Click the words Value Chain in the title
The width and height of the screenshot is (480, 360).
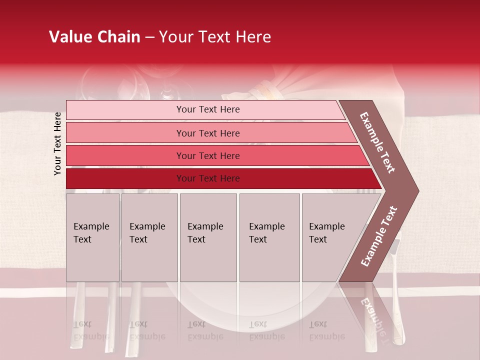[x=94, y=37]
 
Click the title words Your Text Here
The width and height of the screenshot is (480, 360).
[x=215, y=37]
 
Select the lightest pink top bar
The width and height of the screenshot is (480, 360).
[x=125, y=110]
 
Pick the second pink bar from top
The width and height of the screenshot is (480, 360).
[x=125, y=133]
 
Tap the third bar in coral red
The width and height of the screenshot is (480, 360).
[x=125, y=155]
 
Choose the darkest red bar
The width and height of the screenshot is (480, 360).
[x=125, y=178]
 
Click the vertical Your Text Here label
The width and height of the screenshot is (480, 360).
[x=58, y=143]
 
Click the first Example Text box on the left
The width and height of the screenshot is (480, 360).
[x=92, y=237]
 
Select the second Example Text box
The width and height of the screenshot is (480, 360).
[x=149, y=237]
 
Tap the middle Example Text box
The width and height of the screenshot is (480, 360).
[x=208, y=237]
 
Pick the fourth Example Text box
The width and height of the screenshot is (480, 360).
[x=269, y=237]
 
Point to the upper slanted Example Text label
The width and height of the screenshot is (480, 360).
[x=377, y=142]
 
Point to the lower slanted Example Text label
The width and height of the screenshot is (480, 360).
[x=379, y=236]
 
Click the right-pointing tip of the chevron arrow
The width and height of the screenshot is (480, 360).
[x=416, y=191]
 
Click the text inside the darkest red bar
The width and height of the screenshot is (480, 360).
[x=208, y=178]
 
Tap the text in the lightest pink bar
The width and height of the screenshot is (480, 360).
[x=208, y=109]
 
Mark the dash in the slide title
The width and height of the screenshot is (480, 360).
[x=149, y=37]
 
